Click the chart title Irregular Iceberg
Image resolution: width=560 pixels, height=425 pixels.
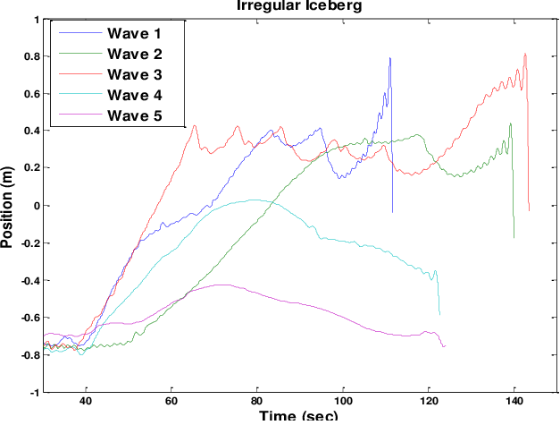tap(297, 5)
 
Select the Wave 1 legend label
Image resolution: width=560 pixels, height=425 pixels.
tap(134, 34)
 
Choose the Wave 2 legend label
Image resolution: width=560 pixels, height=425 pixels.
tap(134, 54)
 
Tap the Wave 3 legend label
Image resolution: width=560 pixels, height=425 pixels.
tap(134, 73)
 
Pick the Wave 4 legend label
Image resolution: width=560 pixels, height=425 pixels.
tap(134, 94)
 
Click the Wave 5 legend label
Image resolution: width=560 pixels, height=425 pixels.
tap(134, 115)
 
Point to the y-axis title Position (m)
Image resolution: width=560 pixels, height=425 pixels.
tap(9, 205)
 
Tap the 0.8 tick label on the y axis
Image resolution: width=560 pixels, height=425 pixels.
tap(30, 56)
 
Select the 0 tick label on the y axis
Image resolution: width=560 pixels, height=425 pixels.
tap(35, 206)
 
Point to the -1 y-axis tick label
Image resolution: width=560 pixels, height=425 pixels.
tap(34, 392)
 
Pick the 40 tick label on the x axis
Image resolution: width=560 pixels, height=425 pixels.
tap(86, 403)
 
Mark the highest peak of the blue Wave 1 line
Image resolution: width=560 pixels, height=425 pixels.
tap(390, 58)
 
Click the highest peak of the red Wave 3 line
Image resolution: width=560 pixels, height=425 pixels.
tap(525, 54)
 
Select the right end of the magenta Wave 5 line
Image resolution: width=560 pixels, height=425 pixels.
tap(444, 345)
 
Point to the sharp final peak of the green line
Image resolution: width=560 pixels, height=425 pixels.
tap(510, 123)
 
